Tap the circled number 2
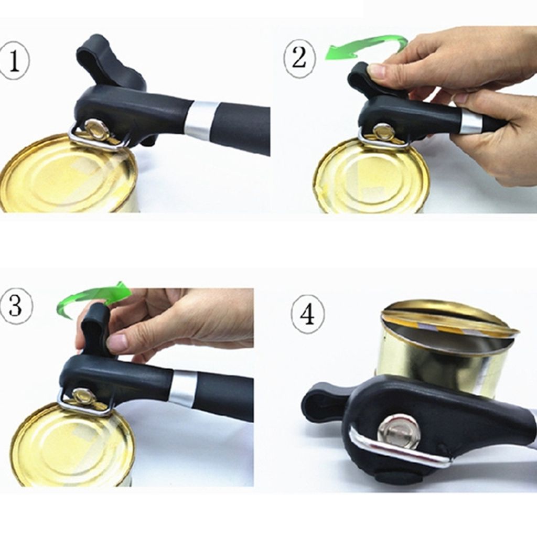(x=299, y=58)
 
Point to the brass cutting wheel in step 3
(x=82, y=397)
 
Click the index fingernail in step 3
(x=115, y=342)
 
